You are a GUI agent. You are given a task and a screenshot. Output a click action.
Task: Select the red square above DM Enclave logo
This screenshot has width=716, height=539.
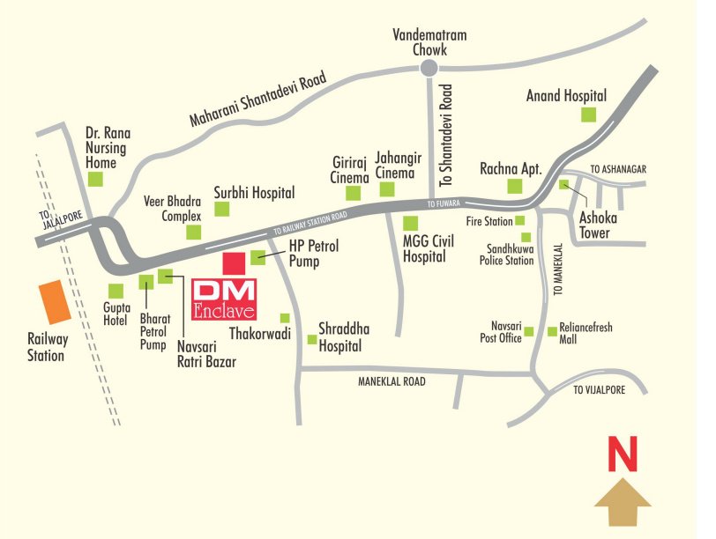234,263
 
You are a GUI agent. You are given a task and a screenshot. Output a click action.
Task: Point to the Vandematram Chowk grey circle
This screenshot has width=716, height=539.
429,69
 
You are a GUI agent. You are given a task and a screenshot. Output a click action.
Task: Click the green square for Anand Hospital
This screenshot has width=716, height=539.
588,114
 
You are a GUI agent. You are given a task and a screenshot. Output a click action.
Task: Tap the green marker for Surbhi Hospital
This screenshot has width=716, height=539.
222,209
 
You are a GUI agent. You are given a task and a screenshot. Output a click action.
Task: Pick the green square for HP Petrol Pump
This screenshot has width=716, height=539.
257,257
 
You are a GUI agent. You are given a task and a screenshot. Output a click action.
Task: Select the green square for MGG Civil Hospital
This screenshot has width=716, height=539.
409,224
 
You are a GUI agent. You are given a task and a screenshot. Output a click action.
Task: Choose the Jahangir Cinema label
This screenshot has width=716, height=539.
394,165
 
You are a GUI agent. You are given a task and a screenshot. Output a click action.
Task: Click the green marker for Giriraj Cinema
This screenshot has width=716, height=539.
354,193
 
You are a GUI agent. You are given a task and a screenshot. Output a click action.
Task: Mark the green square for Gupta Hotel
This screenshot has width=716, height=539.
116,291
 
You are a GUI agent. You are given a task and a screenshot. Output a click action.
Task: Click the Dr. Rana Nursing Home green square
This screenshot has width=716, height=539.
96,179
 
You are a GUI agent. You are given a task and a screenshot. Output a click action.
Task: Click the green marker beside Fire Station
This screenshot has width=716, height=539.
520,220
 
